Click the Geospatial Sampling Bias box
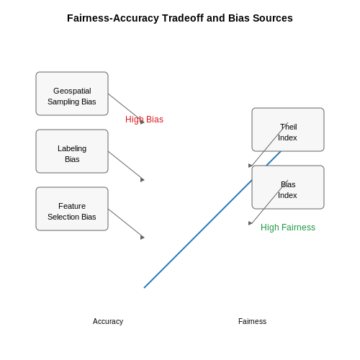coord(72,94)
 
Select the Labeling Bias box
coord(72,151)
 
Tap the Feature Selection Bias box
coord(72,209)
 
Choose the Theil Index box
coord(288,130)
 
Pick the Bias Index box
coord(288,187)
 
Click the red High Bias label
coord(144,120)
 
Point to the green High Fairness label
coord(288,228)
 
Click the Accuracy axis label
coord(108,321)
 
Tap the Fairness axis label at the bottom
coord(252,321)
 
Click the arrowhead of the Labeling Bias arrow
coord(143,179)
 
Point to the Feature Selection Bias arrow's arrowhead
coord(143,237)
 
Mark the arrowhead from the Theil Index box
coord(251,166)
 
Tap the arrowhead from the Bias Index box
coord(251,223)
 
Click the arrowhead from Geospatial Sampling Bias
coord(143,122)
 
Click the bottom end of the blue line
coord(144,287)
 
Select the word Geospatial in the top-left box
coord(72,91)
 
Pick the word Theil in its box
coord(289,127)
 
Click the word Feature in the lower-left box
coord(72,206)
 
